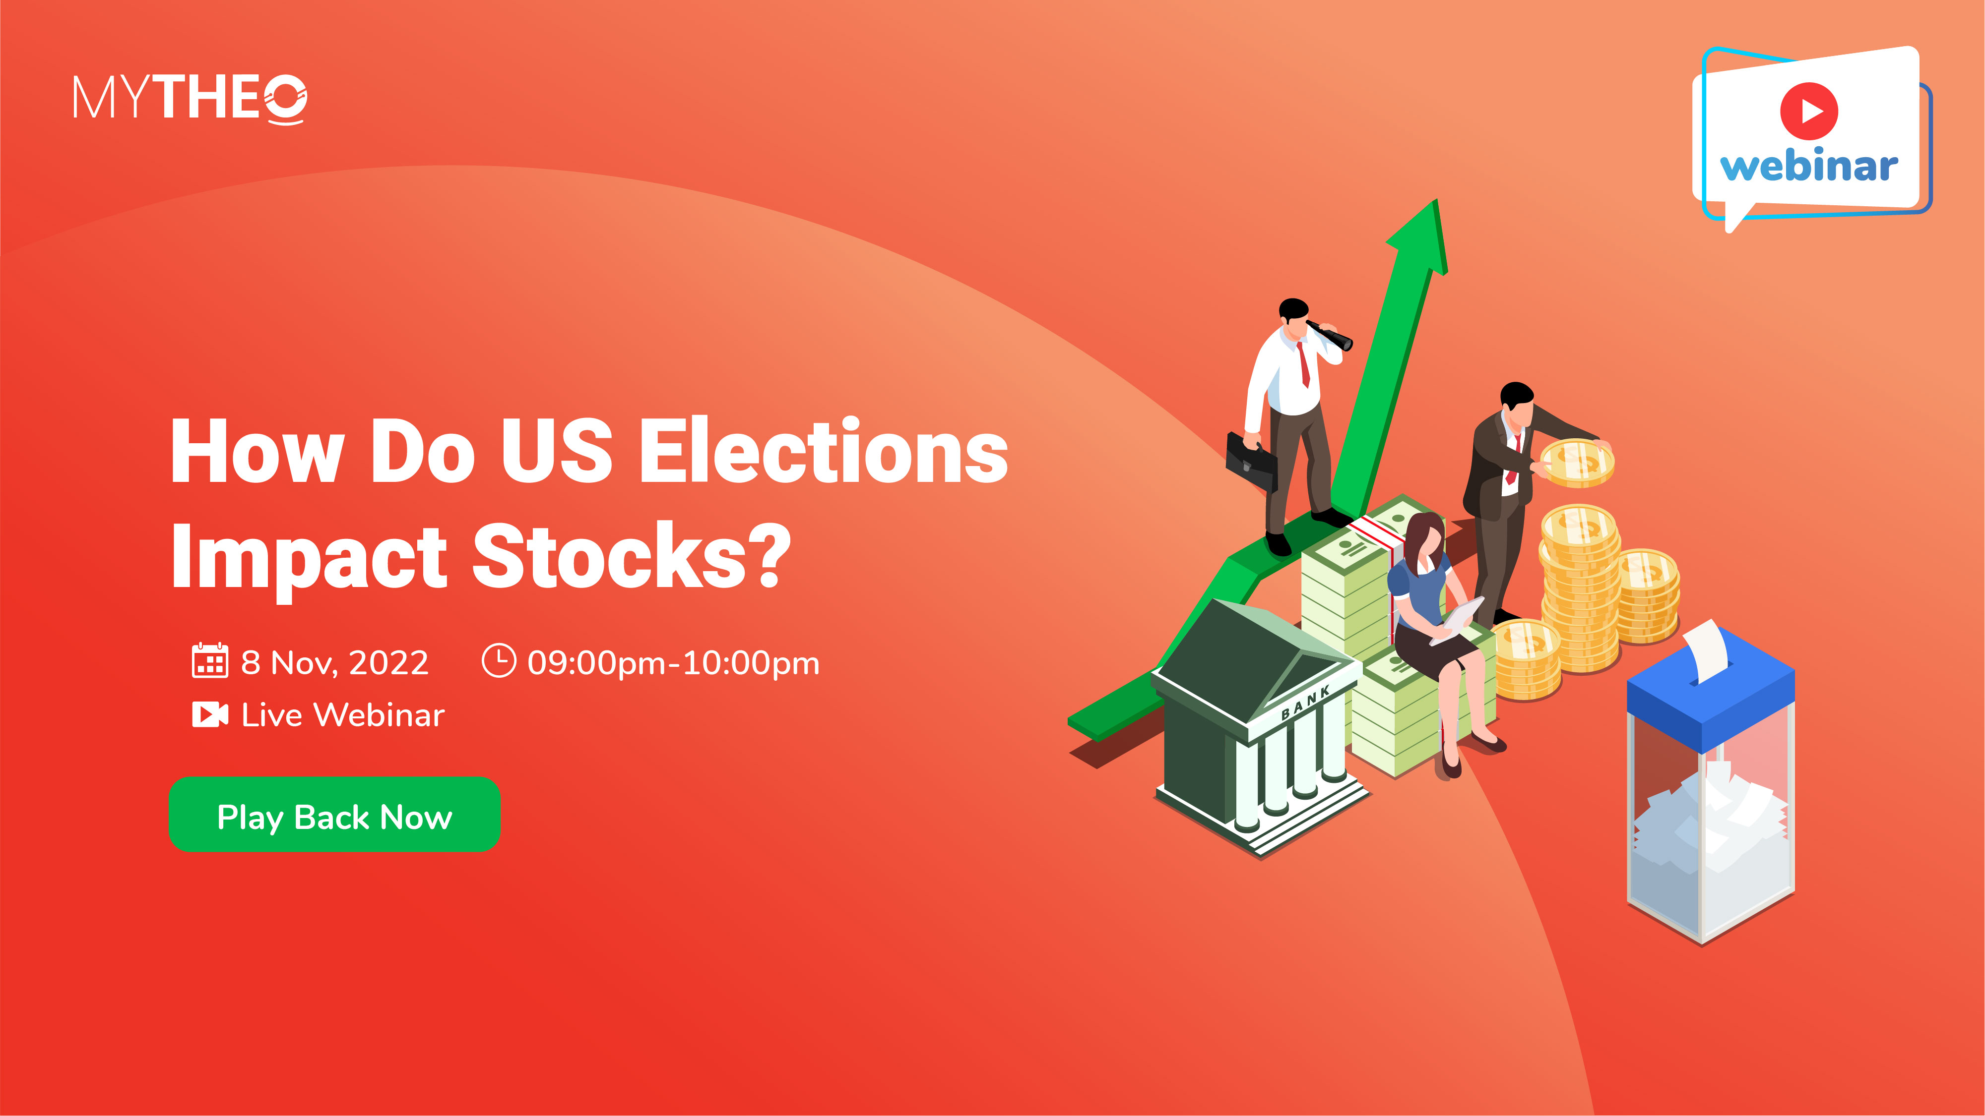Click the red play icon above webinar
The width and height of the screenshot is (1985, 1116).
coord(1808,111)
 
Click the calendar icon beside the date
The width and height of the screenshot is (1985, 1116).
coord(209,661)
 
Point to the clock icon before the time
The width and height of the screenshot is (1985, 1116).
coord(499,661)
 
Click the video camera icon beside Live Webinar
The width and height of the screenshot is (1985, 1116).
coord(209,715)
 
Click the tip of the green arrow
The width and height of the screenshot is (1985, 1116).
coord(1436,200)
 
